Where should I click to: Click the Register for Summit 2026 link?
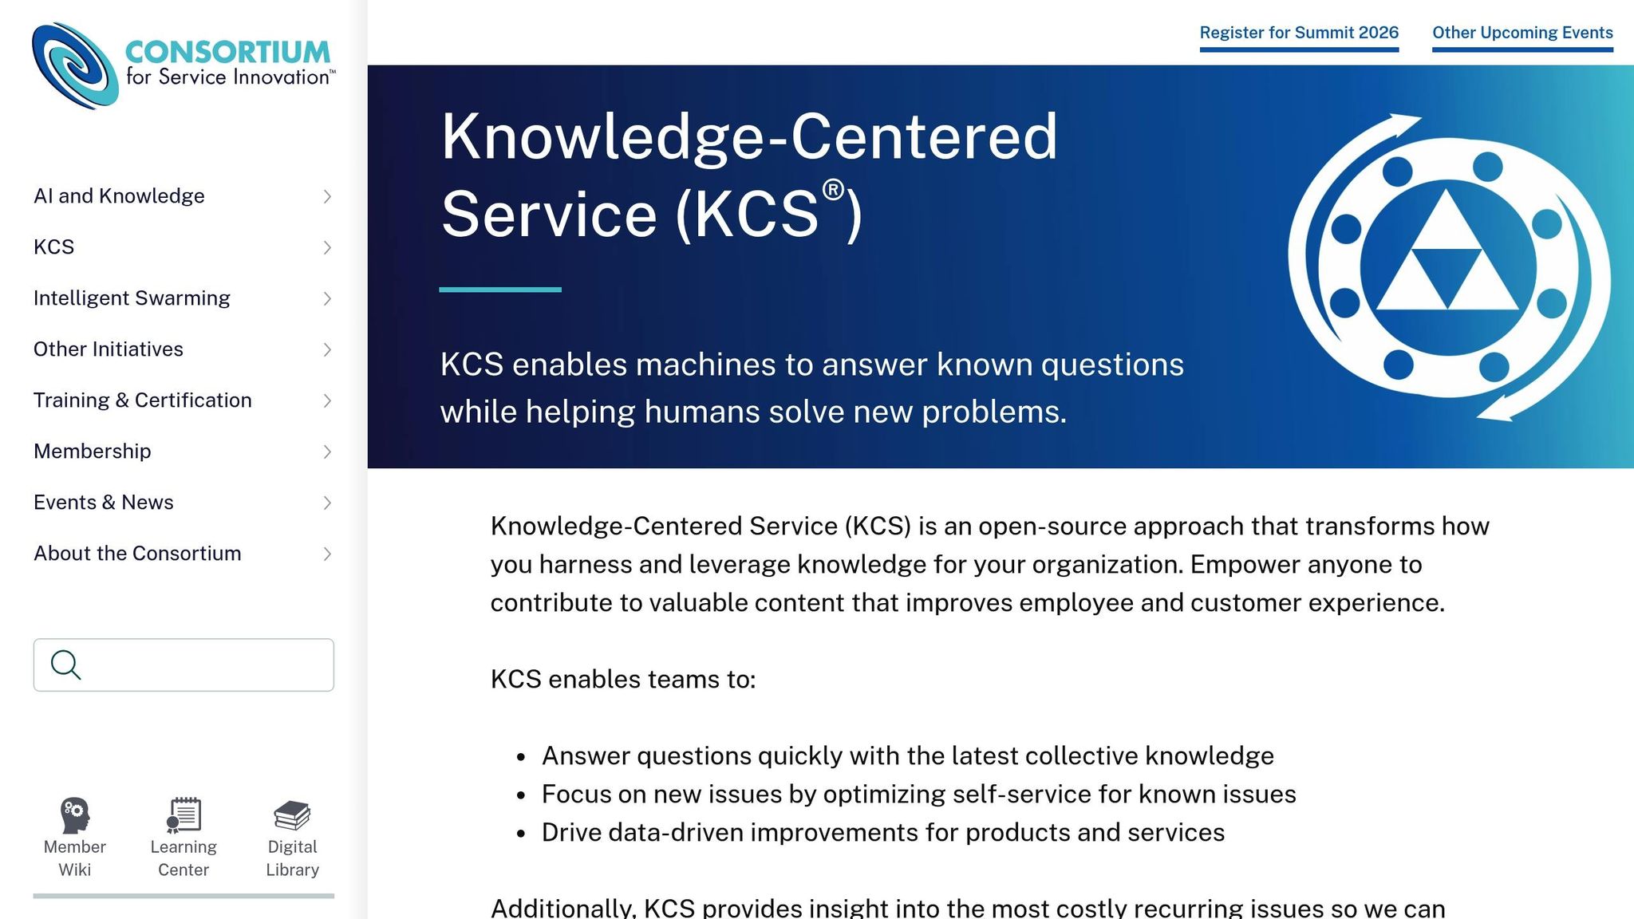tap(1299, 33)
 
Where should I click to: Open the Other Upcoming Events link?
tap(1522, 33)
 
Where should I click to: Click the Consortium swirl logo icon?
tap(75, 65)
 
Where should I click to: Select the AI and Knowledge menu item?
tap(119, 196)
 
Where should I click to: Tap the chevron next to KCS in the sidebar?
tap(327, 247)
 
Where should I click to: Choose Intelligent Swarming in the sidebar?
tap(132, 298)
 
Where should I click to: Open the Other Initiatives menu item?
tap(109, 349)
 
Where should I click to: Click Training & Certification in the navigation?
tap(143, 400)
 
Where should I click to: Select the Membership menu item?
tap(93, 452)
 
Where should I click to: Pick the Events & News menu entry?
tap(104, 503)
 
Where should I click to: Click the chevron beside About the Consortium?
tap(327, 554)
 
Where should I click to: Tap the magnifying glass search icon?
tap(65, 665)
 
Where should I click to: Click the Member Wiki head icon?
tap(75, 815)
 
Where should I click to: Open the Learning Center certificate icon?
tap(184, 815)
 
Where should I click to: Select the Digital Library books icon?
tap(292, 815)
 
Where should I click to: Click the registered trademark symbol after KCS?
tap(833, 190)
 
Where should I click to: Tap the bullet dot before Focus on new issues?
tap(521, 795)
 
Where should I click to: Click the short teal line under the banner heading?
tap(500, 290)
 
